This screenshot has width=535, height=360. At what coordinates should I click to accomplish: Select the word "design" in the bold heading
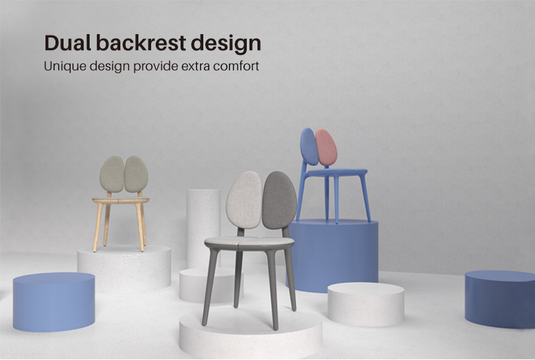click(226, 44)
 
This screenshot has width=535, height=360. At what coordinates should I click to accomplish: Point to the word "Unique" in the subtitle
click(65, 66)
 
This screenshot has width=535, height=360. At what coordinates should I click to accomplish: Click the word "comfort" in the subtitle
click(236, 66)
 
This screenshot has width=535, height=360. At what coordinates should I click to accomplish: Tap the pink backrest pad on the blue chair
click(326, 147)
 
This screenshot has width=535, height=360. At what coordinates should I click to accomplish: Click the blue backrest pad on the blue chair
click(309, 147)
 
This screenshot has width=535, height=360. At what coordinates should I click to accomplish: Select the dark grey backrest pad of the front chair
click(280, 200)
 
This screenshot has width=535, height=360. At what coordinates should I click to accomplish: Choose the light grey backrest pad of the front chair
click(243, 200)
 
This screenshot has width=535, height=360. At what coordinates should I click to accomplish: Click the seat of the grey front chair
click(249, 243)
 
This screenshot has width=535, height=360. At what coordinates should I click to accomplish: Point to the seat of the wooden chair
click(120, 201)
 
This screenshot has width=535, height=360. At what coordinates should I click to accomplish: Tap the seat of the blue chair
click(336, 173)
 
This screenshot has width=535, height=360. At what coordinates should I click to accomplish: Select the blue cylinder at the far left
click(54, 302)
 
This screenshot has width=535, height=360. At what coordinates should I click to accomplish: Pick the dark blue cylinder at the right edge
click(500, 299)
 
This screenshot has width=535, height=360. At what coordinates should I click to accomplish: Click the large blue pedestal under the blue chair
click(334, 256)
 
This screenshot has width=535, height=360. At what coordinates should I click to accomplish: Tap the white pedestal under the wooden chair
click(124, 268)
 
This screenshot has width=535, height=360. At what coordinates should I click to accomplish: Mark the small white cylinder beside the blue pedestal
click(366, 304)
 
